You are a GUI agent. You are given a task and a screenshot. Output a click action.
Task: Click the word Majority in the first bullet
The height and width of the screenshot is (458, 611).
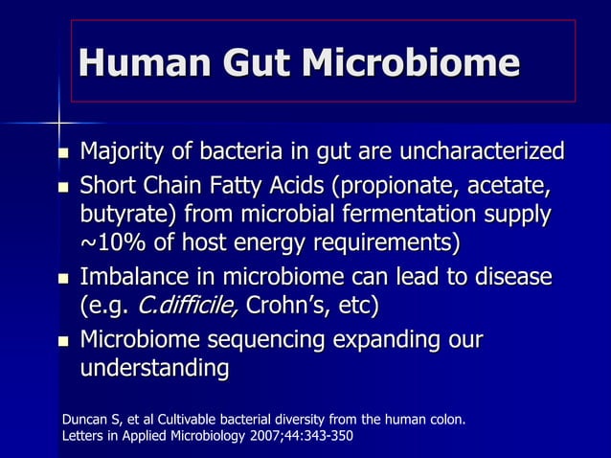point(119,152)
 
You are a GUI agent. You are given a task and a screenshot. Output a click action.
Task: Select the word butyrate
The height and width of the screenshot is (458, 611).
point(125,214)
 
